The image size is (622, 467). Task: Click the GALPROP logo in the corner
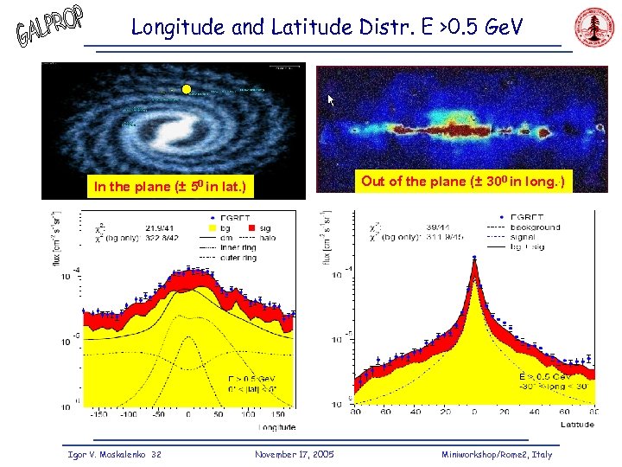coord(49,28)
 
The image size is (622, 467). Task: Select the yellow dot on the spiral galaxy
coord(185,89)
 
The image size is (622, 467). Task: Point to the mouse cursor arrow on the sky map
coord(330,100)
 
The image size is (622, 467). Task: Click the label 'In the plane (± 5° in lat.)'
coord(170,186)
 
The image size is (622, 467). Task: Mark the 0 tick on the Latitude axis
coord(474,413)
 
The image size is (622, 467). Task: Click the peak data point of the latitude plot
coord(474,256)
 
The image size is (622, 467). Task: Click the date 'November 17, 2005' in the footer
coord(295,454)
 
